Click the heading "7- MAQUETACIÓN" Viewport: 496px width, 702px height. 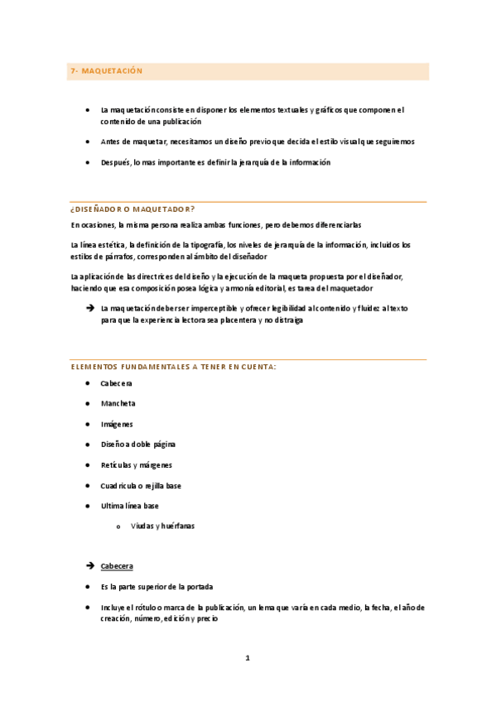click(x=107, y=71)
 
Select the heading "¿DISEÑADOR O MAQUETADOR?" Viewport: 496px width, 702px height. click(x=132, y=209)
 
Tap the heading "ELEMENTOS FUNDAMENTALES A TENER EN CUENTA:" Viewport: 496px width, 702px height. click(x=173, y=367)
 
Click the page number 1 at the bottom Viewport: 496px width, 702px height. click(x=247, y=658)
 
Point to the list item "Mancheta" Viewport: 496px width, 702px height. click(x=118, y=403)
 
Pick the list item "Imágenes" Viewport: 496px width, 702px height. click(x=117, y=424)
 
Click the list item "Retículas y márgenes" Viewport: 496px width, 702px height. click(x=136, y=465)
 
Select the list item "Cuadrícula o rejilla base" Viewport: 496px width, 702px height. click(x=141, y=485)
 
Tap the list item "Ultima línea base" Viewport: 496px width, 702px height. click(x=129, y=506)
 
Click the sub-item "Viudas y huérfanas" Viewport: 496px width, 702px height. click(x=163, y=526)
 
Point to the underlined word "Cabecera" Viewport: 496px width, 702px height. click(x=116, y=566)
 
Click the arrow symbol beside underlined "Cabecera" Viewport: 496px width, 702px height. click(x=89, y=566)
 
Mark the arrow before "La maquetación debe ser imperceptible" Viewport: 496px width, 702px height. click(x=89, y=308)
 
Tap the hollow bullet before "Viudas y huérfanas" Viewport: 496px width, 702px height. click(x=119, y=527)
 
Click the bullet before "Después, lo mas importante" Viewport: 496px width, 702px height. click(x=88, y=163)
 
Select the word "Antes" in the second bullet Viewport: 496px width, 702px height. click(x=109, y=142)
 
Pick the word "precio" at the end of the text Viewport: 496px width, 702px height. click(x=206, y=618)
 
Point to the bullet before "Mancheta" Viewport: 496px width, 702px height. click(x=88, y=404)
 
